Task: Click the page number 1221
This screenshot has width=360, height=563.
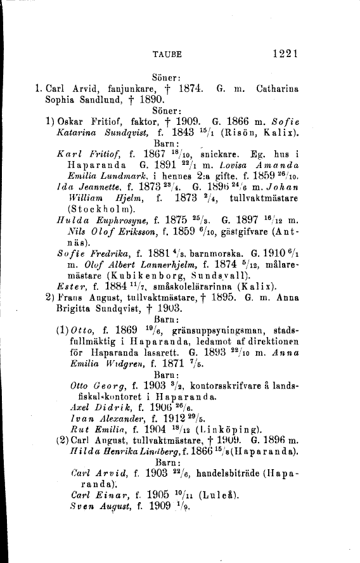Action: (283, 55)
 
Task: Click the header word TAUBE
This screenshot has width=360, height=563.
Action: (167, 55)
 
